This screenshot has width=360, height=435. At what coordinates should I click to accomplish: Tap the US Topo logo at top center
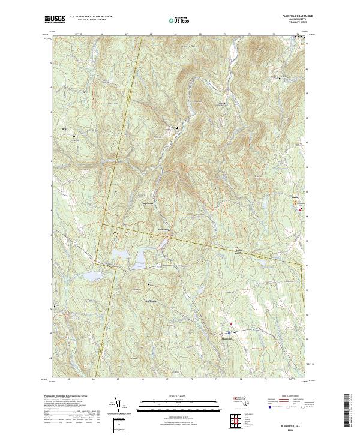[179, 19]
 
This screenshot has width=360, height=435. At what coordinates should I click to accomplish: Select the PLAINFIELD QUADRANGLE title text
[296, 16]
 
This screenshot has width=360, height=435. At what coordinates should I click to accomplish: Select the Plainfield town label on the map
[227, 338]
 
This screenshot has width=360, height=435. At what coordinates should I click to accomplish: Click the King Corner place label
[147, 203]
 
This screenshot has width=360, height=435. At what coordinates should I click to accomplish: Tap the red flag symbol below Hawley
[300, 209]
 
